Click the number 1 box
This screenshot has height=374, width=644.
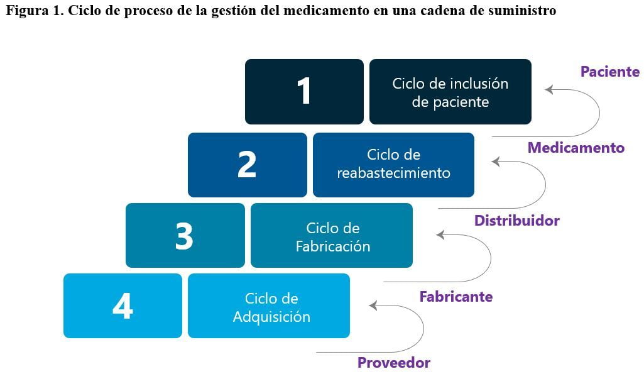click(x=304, y=92)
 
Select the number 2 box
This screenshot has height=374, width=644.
click(x=248, y=165)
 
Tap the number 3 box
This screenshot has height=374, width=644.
click(x=185, y=236)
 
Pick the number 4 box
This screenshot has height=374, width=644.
click(x=123, y=305)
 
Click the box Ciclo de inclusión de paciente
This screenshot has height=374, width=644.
click(x=450, y=92)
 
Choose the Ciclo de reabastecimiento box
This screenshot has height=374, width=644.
click(x=393, y=165)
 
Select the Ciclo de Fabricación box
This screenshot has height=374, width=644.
click(x=332, y=236)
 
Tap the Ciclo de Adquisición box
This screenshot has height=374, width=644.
click(x=269, y=305)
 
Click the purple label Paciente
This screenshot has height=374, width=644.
click(x=610, y=72)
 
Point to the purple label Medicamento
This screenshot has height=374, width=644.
click(x=576, y=148)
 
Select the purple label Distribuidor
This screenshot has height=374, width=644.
click(x=516, y=220)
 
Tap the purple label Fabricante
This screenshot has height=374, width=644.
click(x=456, y=296)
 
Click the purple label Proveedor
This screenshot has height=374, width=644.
click(x=393, y=363)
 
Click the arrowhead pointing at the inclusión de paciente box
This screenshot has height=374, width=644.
click(x=548, y=89)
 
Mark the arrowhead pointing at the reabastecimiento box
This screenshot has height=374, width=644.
click(x=496, y=162)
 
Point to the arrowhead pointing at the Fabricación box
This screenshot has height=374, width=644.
click(x=440, y=234)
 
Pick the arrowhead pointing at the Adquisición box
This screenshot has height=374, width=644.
click(x=373, y=305)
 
